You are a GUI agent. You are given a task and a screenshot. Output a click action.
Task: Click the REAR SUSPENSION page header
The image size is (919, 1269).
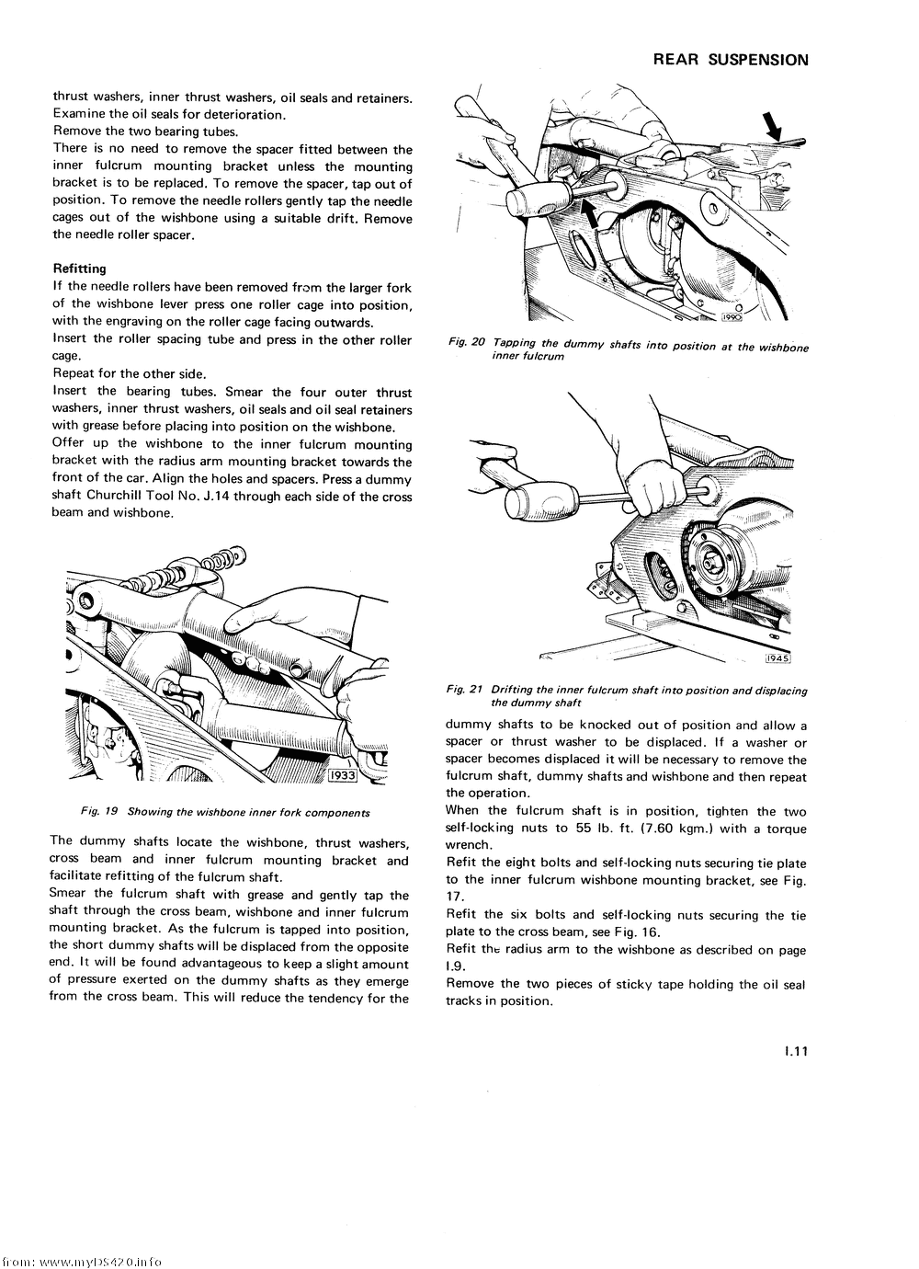[x=731, y=61]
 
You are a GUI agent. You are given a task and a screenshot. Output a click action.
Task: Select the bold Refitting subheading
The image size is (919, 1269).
[x=79, y=269]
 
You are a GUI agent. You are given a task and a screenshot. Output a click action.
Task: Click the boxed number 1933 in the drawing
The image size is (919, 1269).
[x=342, y=774]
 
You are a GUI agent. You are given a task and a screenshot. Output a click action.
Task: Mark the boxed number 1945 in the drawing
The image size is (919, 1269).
[x=777, y=658]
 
